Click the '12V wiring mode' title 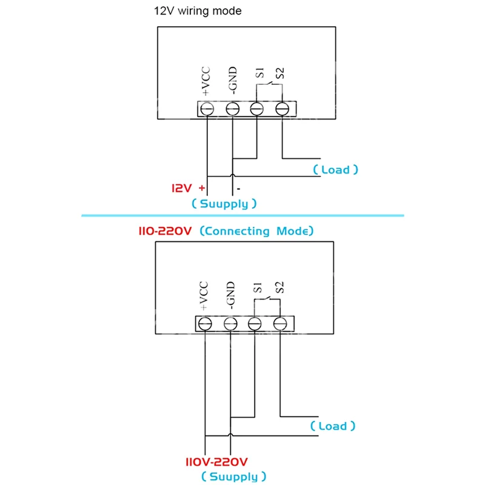[x=198, y=11]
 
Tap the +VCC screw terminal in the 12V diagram [x=207, y=109]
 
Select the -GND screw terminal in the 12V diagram [x=232, y=109]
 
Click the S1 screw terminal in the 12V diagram [x=256, y=109]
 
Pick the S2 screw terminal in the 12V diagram [x=282, y=109]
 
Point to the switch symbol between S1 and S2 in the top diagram [x=269, y=84]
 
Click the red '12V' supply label [x=181, y=188]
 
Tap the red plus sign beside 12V [x=202, y=188]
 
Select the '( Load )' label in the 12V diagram [x=336, y=170]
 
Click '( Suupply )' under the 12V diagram [x=224, y=204]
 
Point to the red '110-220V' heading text [x=165, y=231]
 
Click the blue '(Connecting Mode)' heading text [x=256, y=231]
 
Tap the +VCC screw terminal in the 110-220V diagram [x=205, y=324]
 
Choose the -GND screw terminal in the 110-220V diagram [x=230, y=324]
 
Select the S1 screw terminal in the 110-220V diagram [x=255, y=324]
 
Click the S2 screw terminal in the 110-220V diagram [x=280, y=324]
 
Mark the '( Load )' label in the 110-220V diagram [x=333, y=426]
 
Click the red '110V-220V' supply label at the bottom [x=216, y=462]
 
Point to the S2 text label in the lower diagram [x=279, y=287]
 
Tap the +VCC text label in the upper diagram [x=206, y=81]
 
